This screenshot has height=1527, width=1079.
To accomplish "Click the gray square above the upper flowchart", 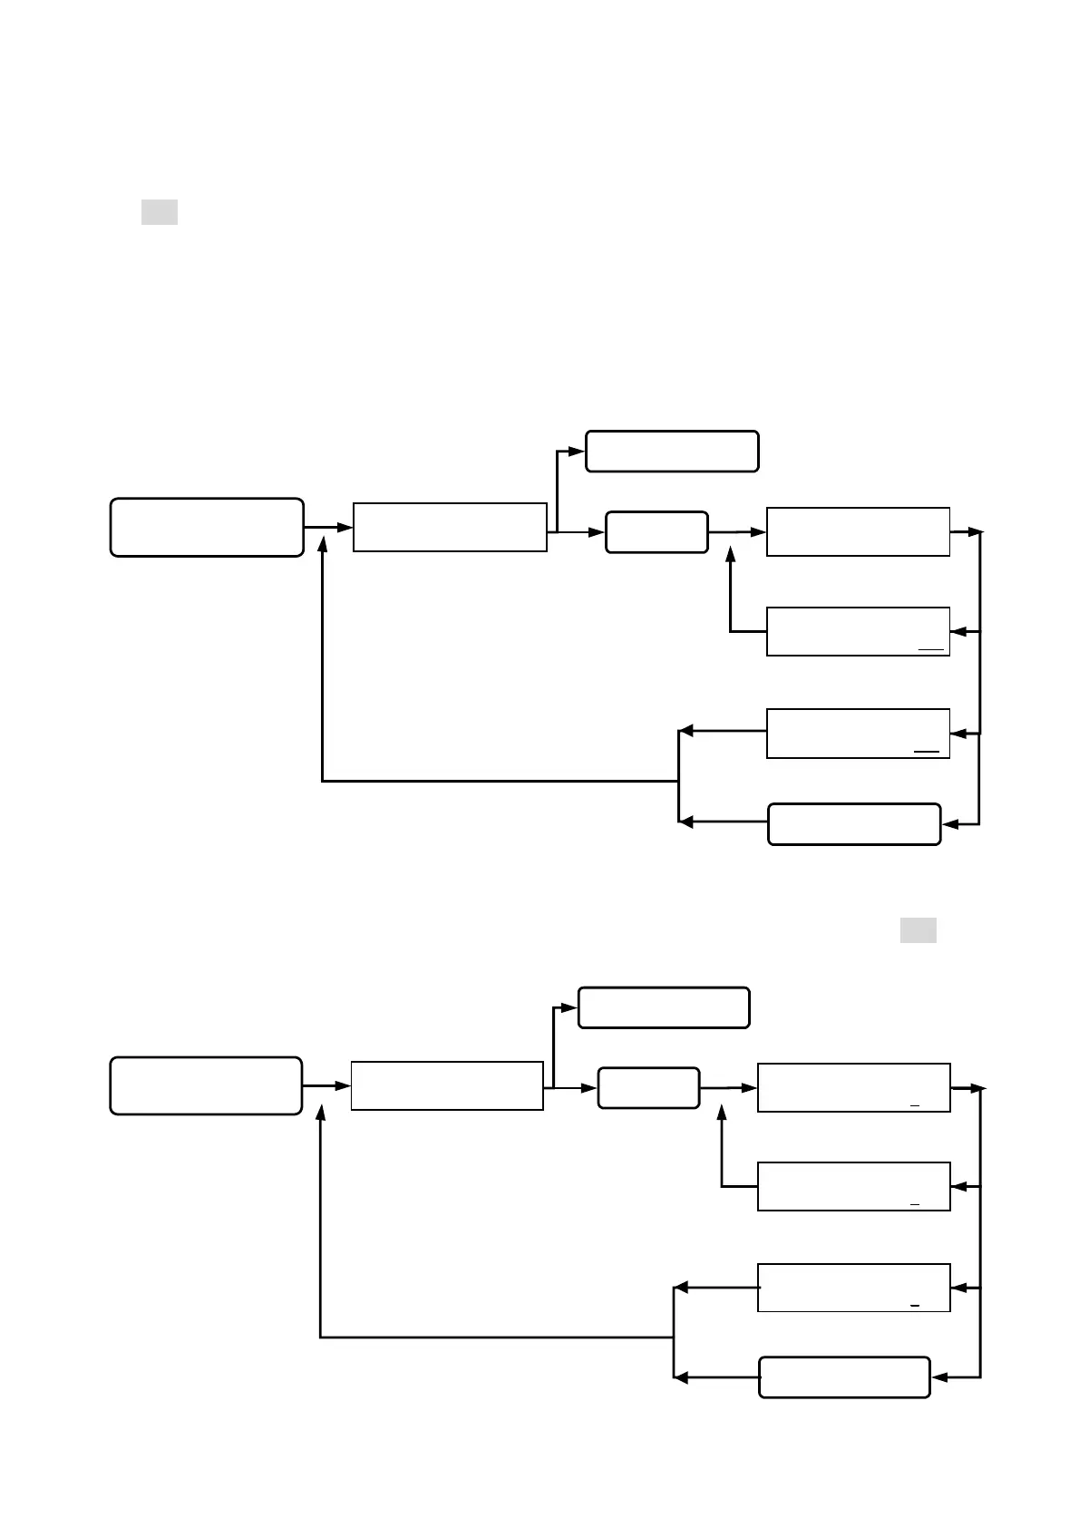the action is [x=159, y=212].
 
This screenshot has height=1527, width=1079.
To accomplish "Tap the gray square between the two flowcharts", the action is [x=918, y=930].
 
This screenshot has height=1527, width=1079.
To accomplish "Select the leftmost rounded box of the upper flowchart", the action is [x=207, y=527].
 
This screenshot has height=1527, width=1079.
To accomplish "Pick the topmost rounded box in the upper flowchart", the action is [x=672, y=452].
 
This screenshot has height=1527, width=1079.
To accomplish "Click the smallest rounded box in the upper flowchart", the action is [x=656, y=532].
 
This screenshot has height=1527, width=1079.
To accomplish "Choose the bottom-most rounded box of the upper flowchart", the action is [x=854, y=824].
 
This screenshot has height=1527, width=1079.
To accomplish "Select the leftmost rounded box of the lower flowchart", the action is [x=206, y=1085].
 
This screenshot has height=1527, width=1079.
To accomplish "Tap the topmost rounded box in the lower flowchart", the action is [x=664, y=1007].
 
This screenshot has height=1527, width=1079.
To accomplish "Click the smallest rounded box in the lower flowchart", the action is [x=648, y=1088].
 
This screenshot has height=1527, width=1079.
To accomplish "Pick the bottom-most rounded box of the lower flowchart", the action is [x=844, y=1377].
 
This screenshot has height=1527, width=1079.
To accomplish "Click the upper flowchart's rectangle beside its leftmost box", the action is [x=450, y=527].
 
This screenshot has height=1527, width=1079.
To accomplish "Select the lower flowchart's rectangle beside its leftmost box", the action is [x=447, y=1085].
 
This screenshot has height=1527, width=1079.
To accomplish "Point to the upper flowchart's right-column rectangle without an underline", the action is [x=858, y=531].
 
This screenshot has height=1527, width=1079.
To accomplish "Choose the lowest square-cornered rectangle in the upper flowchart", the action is [x=858, y=734].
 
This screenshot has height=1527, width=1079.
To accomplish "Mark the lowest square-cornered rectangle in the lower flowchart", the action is [x=853, y=1288].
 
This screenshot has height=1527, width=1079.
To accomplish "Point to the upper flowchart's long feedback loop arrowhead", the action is [x=322, y=542].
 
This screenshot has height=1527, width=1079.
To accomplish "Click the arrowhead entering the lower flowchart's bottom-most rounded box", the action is [x=940, y=1377].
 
